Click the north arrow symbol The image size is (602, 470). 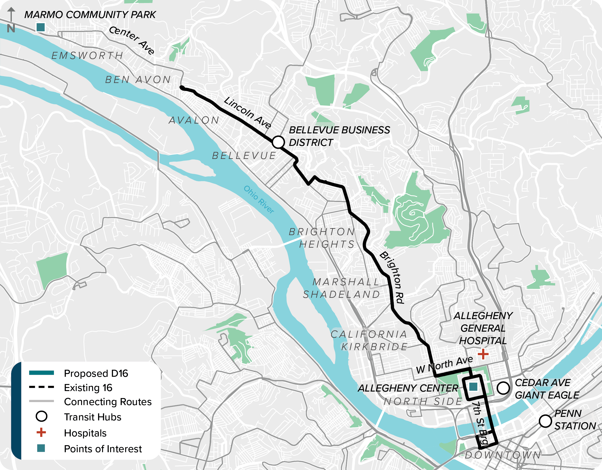coord(11,20)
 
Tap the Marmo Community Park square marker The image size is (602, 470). coord(41,27)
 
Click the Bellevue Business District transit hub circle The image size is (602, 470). coord(278,142)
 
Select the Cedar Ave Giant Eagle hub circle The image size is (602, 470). coord(503,388)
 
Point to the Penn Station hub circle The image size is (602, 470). coord(545,421)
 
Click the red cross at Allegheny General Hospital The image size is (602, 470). coord(483,354)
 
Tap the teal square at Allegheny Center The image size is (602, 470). coord(473,387)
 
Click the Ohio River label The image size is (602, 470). coord(259,200)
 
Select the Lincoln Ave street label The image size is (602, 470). coord(248,112)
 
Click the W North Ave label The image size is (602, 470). coord(444,365)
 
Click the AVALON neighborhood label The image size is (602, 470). coord(194,120)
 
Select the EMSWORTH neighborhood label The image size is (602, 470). coord(87,56)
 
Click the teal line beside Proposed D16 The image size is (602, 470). coord(41,373)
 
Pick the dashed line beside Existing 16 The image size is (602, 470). coord(41,387)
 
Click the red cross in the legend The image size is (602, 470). coord(41,433)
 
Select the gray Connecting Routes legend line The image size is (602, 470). coord(41,401)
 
